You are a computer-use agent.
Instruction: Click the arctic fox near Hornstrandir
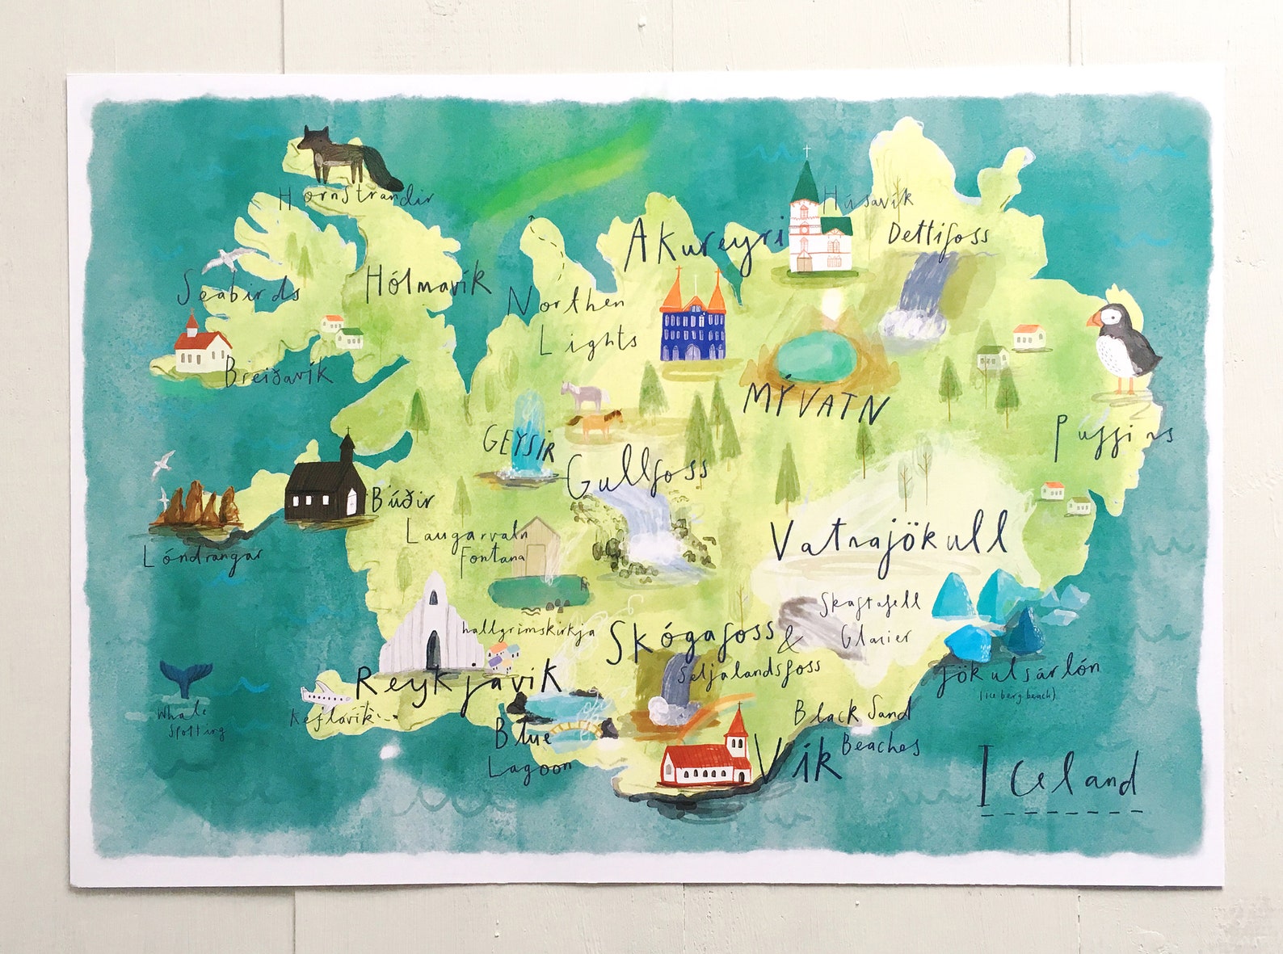pyautogui.click(x=347, y=155)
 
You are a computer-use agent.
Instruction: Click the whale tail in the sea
pyautogui.click(x=186, y=677)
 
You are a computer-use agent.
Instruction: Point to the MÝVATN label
pyautogui.click(x=815, y=401)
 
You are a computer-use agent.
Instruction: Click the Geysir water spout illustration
pyautogui.click(x=529, y=436)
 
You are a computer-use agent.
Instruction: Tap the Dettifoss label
pyautogui.click(x=937, y=235)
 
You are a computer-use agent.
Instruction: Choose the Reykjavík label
pyautogui.click(x=458, y=683)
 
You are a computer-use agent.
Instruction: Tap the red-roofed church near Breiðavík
pyautogui.click(x=201, y=347)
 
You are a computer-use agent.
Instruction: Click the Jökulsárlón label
pyautogui.click(x=1018, y=675)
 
